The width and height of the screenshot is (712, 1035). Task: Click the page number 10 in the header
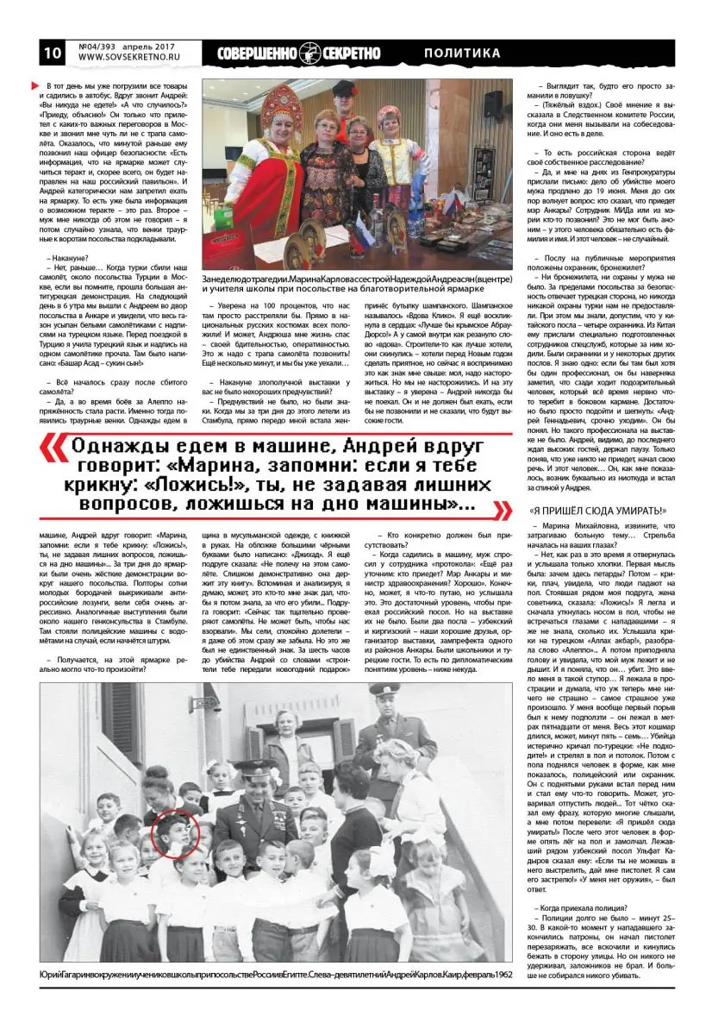point(51,53)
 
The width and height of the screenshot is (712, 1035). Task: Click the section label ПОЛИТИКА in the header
point(462,53)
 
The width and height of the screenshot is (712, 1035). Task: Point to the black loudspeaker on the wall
point(492,105)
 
